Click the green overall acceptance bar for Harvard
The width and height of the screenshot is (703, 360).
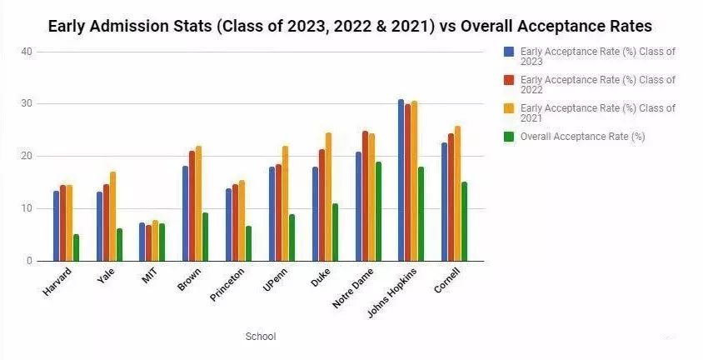coord(77,247)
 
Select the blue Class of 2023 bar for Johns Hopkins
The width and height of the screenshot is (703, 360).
coord(401,181)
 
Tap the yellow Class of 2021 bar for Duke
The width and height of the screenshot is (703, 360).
coord(328,197)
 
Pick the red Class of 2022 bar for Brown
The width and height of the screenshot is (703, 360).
coord(192,206)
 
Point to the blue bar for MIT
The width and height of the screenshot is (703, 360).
coord(142,242)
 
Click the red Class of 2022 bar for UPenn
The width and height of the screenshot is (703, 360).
coord(278,212)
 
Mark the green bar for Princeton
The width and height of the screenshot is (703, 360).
coord(248,243)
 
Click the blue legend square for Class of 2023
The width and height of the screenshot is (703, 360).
coord(508,52)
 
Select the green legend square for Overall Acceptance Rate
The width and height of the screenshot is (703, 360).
coord(508,137)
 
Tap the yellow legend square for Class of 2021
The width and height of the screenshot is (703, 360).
coord(508,108)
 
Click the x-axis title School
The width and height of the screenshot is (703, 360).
coord(261,337)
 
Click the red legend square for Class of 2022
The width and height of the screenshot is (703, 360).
coord(508,80)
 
